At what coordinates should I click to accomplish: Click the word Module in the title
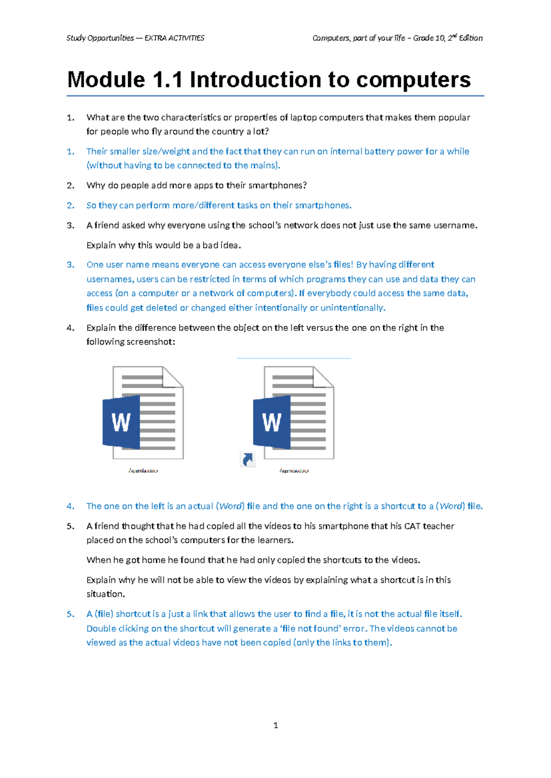tap(106, 80)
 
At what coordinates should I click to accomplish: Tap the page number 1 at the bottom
tap(275, 725)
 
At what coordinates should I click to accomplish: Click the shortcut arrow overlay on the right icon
tap(247, 459)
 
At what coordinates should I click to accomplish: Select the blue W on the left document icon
tap(121, 422)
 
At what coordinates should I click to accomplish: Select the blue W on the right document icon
tap(272, 422)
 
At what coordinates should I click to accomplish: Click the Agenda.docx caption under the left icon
tap(143, 471)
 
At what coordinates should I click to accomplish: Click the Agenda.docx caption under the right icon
tap(294, 471)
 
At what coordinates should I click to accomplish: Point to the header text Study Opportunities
tap(100, 38)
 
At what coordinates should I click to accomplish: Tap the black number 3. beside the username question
tap(70, 225)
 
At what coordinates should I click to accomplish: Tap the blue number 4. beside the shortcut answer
tap(70, 506)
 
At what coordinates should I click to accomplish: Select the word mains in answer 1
tap(264, 166)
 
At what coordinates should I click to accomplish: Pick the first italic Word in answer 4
tap(230, 506)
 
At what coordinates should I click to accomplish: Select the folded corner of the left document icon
tap(174, 377)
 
